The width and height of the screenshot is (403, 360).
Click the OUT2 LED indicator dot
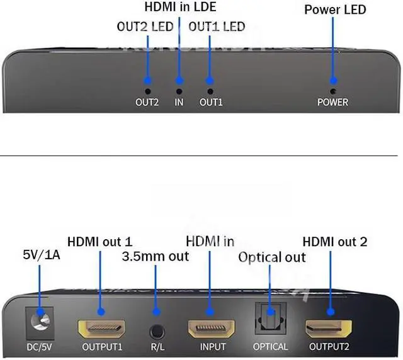[148, 81]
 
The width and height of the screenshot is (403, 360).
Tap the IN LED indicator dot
[179, 81]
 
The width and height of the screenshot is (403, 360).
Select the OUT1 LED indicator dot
[210, 81]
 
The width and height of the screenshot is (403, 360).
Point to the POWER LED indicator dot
[332, 81]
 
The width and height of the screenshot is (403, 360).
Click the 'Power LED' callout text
[334, 10]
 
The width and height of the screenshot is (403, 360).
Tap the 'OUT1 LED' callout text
[217, 27]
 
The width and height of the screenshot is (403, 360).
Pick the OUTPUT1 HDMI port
[101, 328]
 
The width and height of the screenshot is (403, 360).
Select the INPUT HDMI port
[212, 328]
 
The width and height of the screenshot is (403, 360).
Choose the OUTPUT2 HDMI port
[330, 328]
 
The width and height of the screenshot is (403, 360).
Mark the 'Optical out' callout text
[271, 257]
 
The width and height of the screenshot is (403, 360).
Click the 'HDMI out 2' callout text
[334, 241]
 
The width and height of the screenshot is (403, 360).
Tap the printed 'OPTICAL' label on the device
[270, 347]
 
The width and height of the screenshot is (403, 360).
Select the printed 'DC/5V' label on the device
[40, 347]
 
